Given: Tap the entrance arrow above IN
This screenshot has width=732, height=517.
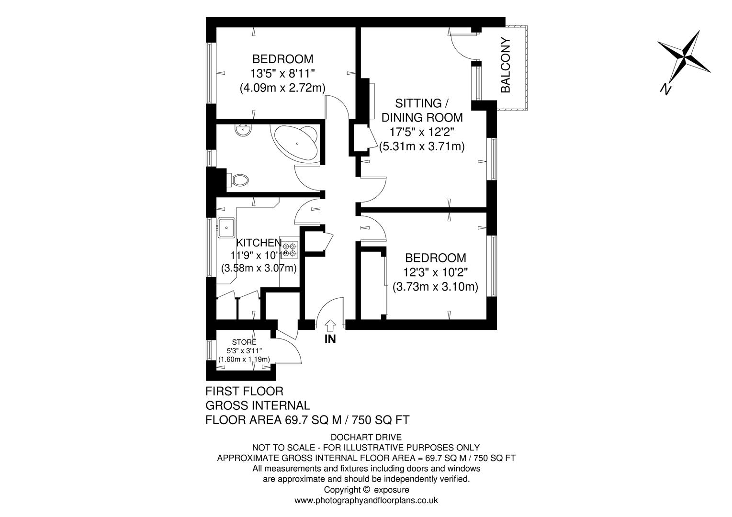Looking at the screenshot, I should (x=330, y=326).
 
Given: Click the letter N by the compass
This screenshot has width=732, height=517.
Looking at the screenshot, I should (x=665, y=88).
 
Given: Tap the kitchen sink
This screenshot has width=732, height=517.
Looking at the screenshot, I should (x=225, y=227).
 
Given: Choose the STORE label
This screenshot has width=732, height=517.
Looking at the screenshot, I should (x=244, y=342).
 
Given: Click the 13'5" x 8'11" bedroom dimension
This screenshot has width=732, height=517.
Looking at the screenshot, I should (x=282, y=74).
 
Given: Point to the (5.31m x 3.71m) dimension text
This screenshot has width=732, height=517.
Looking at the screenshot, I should (x=422, y=146).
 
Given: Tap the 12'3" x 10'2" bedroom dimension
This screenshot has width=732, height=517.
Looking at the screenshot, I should (x=435, y=272).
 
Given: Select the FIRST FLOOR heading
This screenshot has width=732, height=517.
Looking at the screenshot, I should (x=244, y=391).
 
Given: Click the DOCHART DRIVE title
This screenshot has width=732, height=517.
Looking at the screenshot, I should (x=366, y=437).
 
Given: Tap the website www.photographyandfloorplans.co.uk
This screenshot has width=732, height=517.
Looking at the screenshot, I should (x=366, y=501).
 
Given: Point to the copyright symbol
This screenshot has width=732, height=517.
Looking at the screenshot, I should (x=366, y=490).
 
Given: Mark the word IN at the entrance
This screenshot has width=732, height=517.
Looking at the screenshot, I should (x=330, y=339).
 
